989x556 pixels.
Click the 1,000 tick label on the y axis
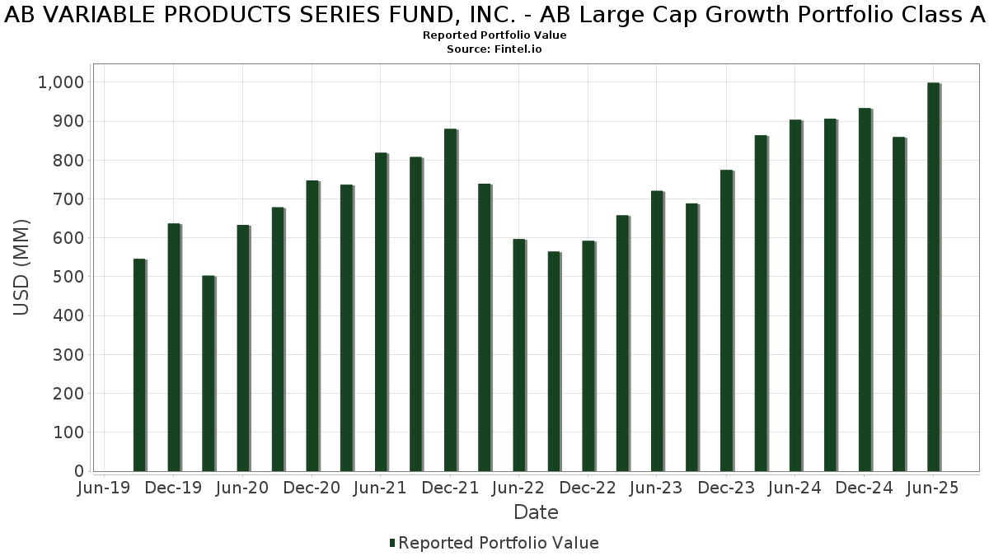coord(60,82)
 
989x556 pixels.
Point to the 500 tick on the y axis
coord(68,277)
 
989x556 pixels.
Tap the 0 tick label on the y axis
coord(79,471)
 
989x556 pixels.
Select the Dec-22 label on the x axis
coord(588,488)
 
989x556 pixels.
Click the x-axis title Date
coord(536,512)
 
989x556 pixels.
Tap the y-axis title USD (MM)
coord(22,268)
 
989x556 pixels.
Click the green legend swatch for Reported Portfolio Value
coord(392,543)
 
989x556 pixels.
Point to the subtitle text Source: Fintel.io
coord(494,49)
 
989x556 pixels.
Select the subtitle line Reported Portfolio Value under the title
coord(494,35)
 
